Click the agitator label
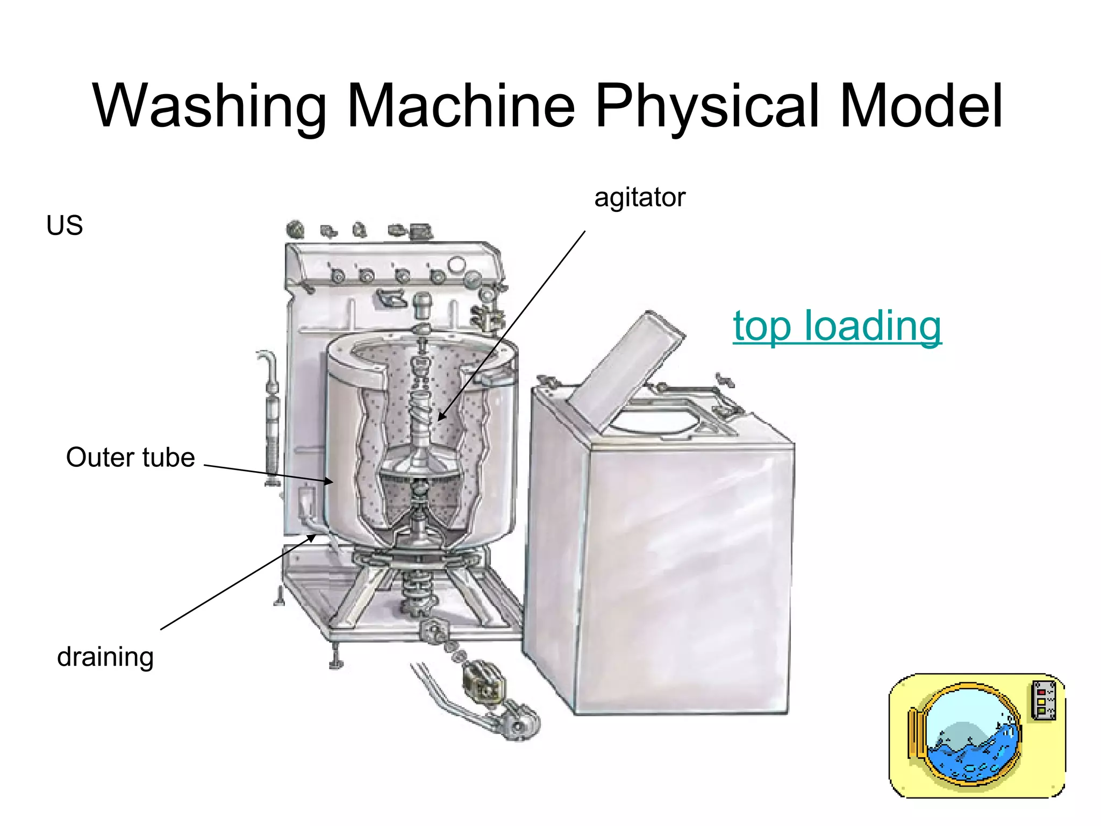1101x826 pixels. [640, 197]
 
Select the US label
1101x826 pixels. [65, 225]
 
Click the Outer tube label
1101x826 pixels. [130, 458]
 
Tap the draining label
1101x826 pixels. [105, 657]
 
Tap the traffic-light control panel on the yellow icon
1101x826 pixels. [1043, 700]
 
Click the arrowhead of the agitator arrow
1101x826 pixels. [441, 417]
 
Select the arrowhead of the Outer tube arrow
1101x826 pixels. [329, 481]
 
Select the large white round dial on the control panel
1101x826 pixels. [456, 265]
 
